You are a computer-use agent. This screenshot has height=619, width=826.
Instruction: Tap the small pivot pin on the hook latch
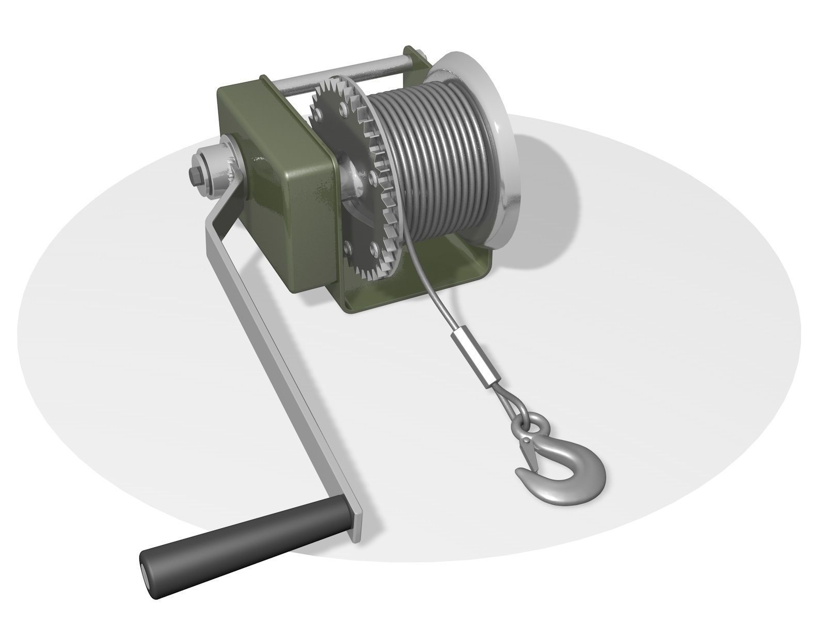[x=526, y=440]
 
